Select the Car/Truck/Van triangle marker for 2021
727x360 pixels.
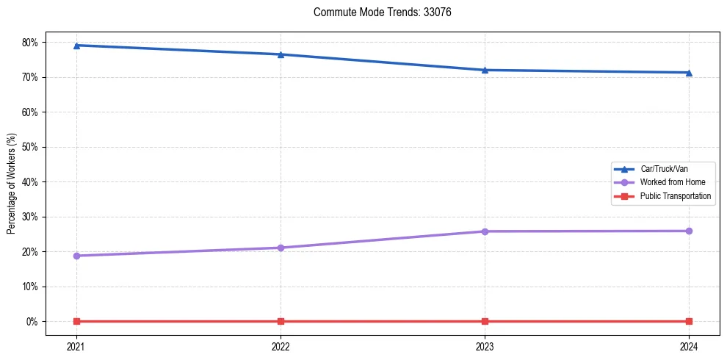tap(76, 46)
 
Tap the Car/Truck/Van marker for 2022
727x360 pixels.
tap(281, 54)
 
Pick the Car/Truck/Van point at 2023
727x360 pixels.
tap(485, 70)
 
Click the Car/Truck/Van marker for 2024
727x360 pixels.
tap(689, 73)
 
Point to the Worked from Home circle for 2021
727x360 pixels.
tap(76, 256)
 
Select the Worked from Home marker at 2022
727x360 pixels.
tap(281, 248)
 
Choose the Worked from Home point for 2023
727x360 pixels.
tap(485, 231)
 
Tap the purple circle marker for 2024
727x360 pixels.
tap(689, 231)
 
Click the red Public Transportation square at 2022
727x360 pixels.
tap(281, 321)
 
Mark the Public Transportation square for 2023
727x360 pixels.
tap(485, 321)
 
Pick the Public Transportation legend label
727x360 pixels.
tap(675, 196)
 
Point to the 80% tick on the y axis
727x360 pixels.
tap(31, 43)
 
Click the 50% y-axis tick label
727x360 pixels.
tap(31, 147)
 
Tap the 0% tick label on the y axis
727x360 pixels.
tap(33, 321)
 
